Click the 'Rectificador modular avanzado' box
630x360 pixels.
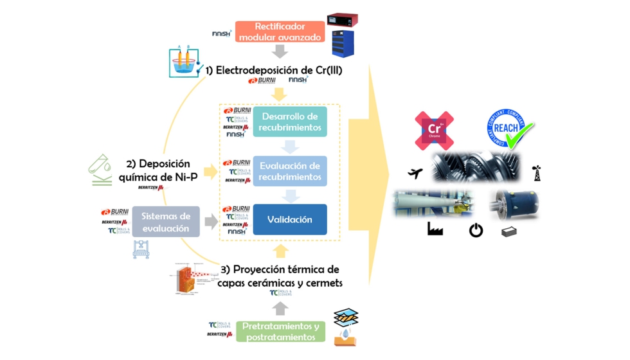point(280,32)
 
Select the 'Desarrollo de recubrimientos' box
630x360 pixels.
point(289,122)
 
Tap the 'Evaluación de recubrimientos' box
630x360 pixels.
point(289,171)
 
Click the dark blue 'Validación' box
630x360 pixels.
point(289,220)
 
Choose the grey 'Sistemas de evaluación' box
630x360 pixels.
point(166,222)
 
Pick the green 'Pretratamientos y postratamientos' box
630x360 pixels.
point(280,331)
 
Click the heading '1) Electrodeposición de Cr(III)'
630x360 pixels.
point(273,70)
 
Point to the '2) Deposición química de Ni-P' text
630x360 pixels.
point(158,170)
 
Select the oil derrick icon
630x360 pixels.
point(537,173)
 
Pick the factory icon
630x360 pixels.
point(435,229)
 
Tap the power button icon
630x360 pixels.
point(476,230)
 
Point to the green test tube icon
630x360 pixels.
point(100,170)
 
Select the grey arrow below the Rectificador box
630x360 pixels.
point(280,51)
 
